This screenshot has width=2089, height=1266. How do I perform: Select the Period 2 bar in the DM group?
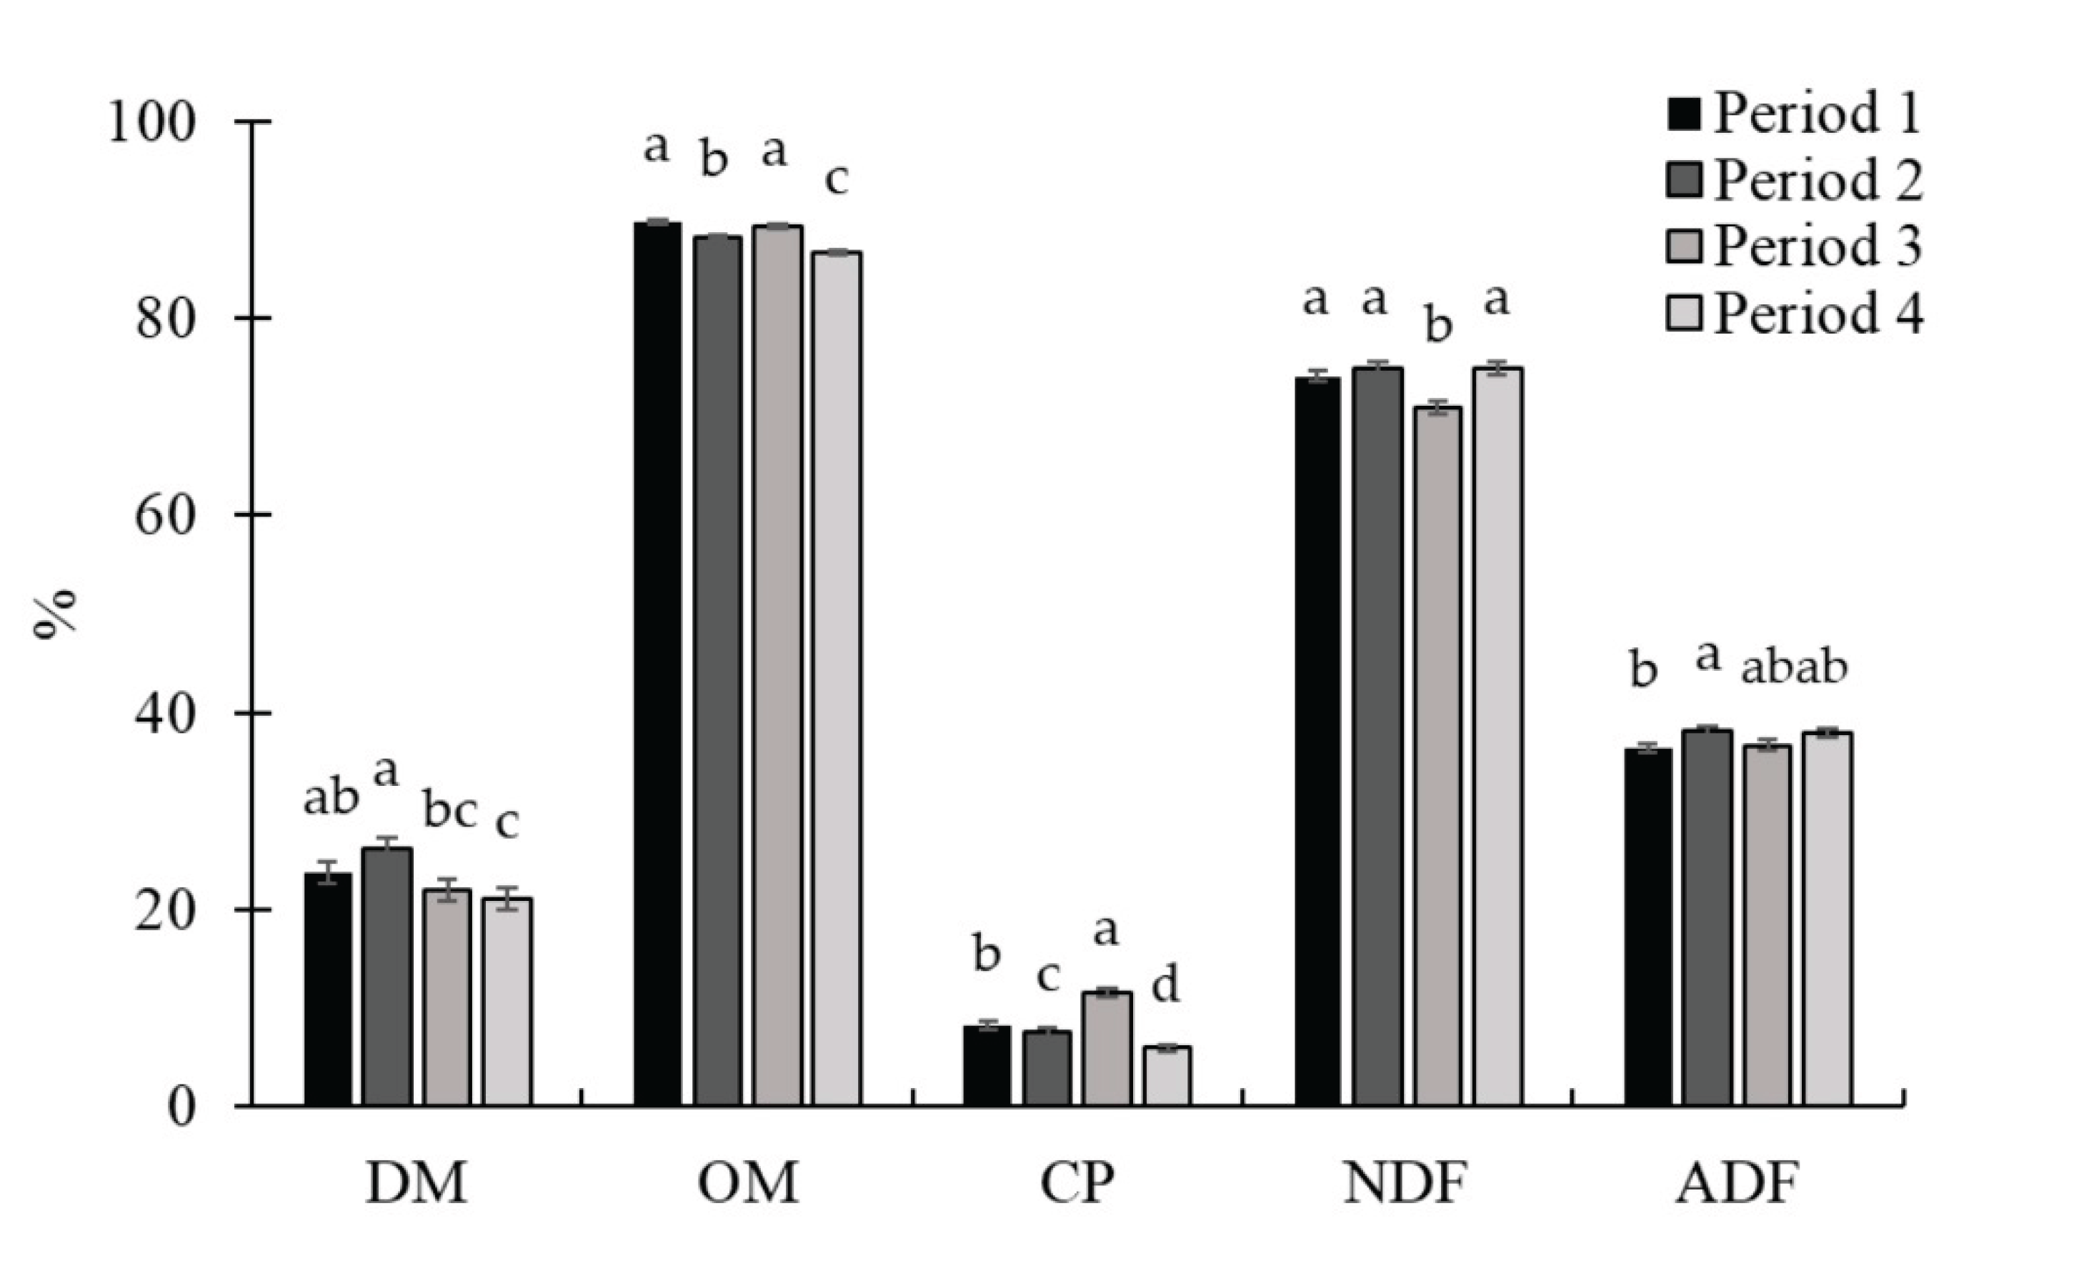coord(387,976)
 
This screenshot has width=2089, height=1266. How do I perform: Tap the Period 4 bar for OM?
coord(836,678)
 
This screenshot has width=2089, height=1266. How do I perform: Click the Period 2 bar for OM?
coord(717,671)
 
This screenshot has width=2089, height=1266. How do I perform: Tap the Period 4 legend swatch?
coord(1684,313)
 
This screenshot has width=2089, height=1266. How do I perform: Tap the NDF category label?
coord(1405,1184)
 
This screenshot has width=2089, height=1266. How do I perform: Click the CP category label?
coord(1077,1184)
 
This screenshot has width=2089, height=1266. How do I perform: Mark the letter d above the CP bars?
coord(1166,985)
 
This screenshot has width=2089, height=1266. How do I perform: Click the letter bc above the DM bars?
coord(449,812)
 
